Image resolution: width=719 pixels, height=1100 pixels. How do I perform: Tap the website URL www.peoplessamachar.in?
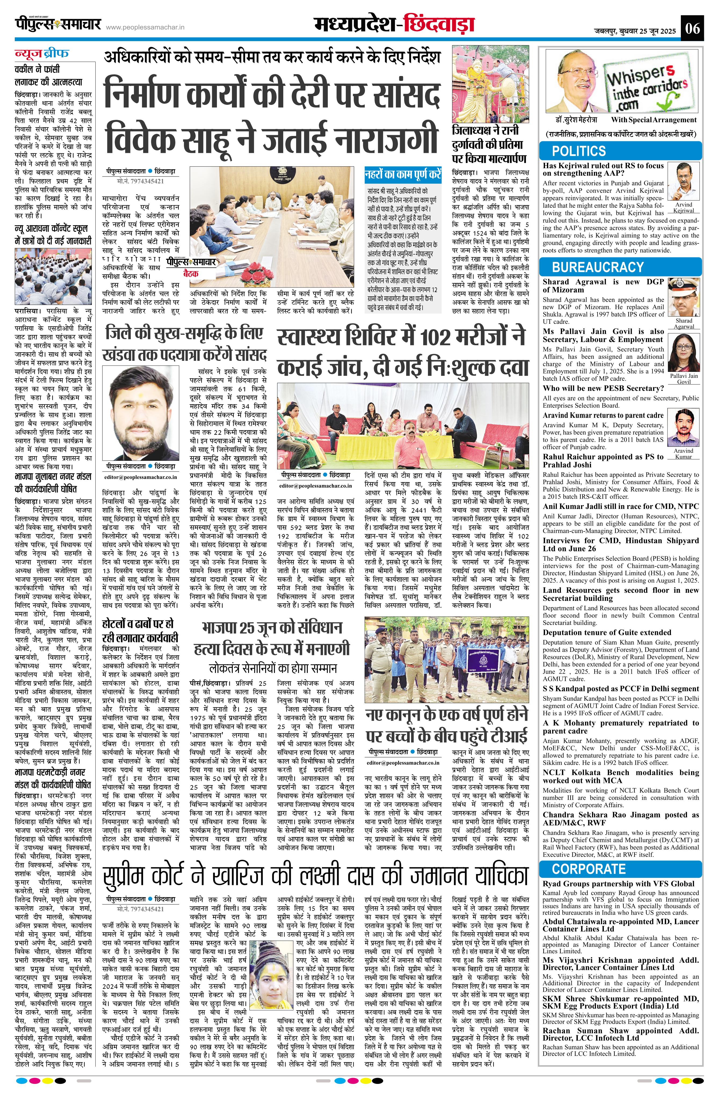[x=146, y=28]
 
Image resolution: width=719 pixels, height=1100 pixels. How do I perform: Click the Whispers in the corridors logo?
[x=647, y=85]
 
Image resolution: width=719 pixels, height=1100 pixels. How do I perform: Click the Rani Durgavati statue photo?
[x=491, y=84]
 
